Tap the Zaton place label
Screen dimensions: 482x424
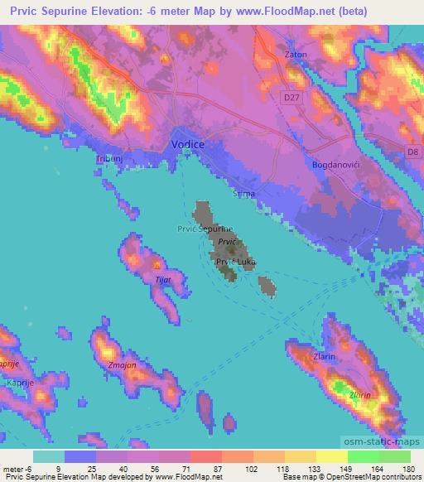296,55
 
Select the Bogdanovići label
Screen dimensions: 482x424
333,165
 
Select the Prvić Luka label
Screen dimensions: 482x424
235,262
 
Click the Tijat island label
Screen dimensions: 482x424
162,280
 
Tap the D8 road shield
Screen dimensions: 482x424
414,152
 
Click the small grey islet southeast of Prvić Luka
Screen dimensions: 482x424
266,287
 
